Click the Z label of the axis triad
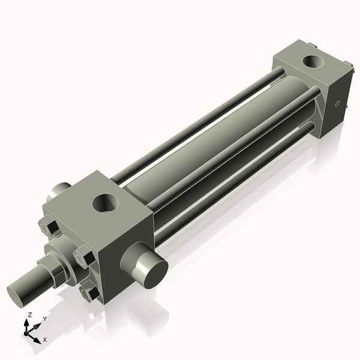tap(30, 314)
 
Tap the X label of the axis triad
tap(44, 340)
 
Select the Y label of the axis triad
tap(44, 319)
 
